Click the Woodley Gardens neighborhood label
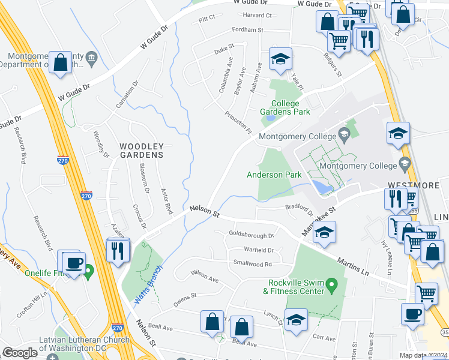tap(141, 151)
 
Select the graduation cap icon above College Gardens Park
tap(280, 59)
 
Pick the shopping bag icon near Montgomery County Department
tap(61, 63)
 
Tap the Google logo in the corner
tap(20, 353)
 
